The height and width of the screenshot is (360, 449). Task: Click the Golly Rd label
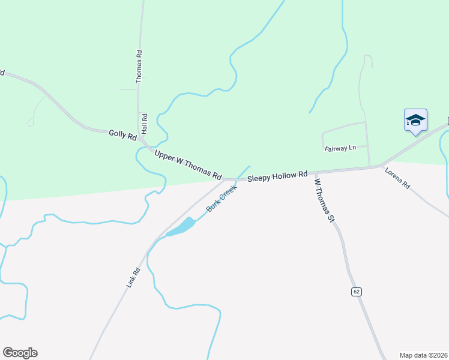pos(123,134)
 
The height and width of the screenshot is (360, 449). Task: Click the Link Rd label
pos(133,278)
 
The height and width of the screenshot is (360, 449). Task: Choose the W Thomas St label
pos(324,200)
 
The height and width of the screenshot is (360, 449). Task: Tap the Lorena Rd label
pos(397,178)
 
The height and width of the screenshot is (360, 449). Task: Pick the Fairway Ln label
pos(340,148)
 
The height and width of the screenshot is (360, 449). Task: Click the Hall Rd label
pos(144,123)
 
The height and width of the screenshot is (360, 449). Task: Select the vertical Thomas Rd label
pos(139,65)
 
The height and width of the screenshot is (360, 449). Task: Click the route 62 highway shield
pos(357,292)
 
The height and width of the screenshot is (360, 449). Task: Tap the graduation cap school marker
pos(415,121)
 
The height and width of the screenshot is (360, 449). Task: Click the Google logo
pos(20,353)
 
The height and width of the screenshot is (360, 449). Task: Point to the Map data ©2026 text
pos(423,355)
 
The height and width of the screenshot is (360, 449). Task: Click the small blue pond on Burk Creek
pos(181,227)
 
